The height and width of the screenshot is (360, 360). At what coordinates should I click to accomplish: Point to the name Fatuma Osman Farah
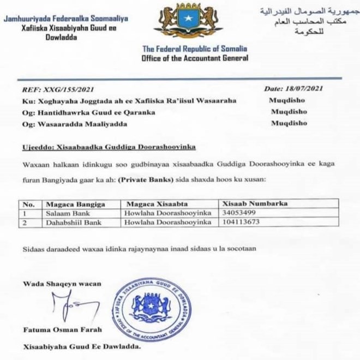coord(57,329)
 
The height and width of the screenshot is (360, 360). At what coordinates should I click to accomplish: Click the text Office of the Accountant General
coord(195,58)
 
